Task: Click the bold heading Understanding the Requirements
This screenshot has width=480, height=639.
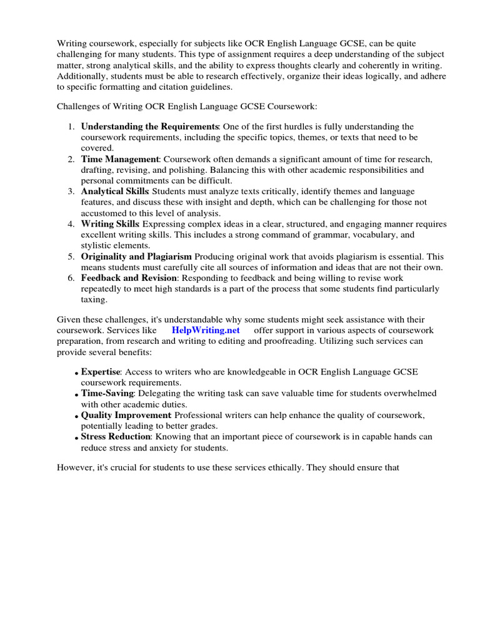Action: [x=149, y=127]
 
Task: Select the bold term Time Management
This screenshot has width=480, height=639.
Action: [x=120, y=160]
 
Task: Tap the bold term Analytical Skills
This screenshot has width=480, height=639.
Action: [x=115, y=191]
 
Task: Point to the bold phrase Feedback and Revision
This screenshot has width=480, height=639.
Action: [x=129, y=278]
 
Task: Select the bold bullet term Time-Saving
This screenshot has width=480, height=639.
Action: [x=107, y=393]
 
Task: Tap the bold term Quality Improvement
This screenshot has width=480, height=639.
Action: [x=127, y=415]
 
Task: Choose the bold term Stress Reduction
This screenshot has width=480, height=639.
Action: [x=116, y=436]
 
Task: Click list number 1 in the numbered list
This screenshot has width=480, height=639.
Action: [x=71, y=127]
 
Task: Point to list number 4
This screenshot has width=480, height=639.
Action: [x=71, y=224]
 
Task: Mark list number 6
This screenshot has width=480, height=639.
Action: [x=71, y=278]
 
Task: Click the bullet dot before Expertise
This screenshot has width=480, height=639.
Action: [x=77, y=374]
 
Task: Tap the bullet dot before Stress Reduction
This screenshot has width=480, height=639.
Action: [x=77, y=438]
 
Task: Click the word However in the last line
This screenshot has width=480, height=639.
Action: [x=76, y=467]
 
